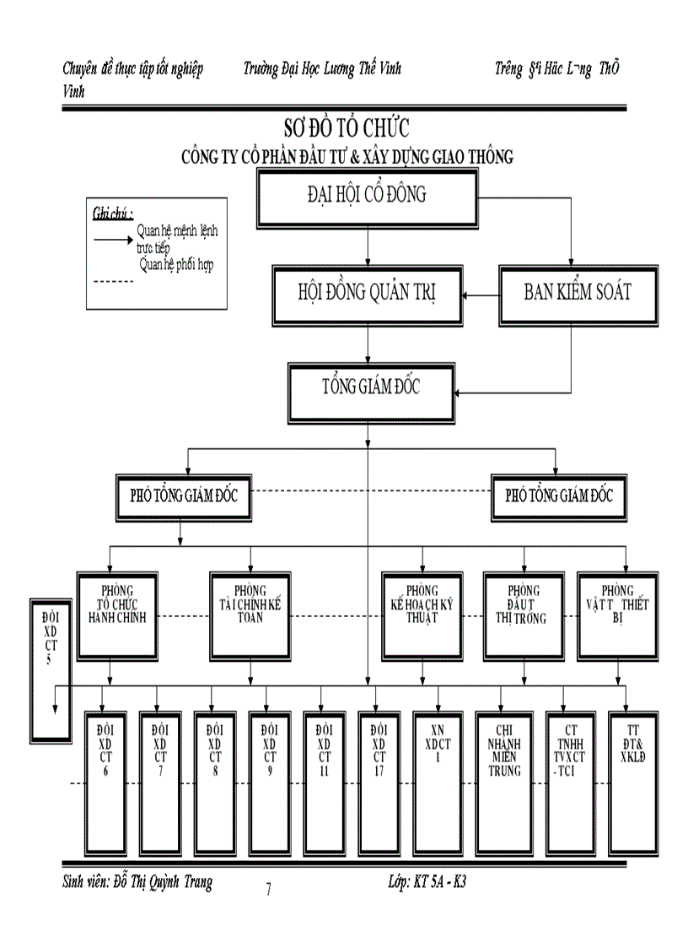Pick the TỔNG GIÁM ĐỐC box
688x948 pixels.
(371, 391)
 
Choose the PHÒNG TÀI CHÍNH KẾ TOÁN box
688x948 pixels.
(250, 615)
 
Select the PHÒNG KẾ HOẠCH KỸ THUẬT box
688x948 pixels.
(422, 615)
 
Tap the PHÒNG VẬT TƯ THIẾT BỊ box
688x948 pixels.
(617, 615)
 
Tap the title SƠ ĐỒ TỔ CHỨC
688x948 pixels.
(346, 128)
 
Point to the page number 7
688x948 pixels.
(268, 889)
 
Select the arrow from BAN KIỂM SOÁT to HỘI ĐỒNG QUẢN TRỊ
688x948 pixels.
(481, 295)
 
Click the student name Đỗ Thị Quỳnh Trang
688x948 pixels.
(137, 882)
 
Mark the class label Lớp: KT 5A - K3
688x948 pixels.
(427, 882)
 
